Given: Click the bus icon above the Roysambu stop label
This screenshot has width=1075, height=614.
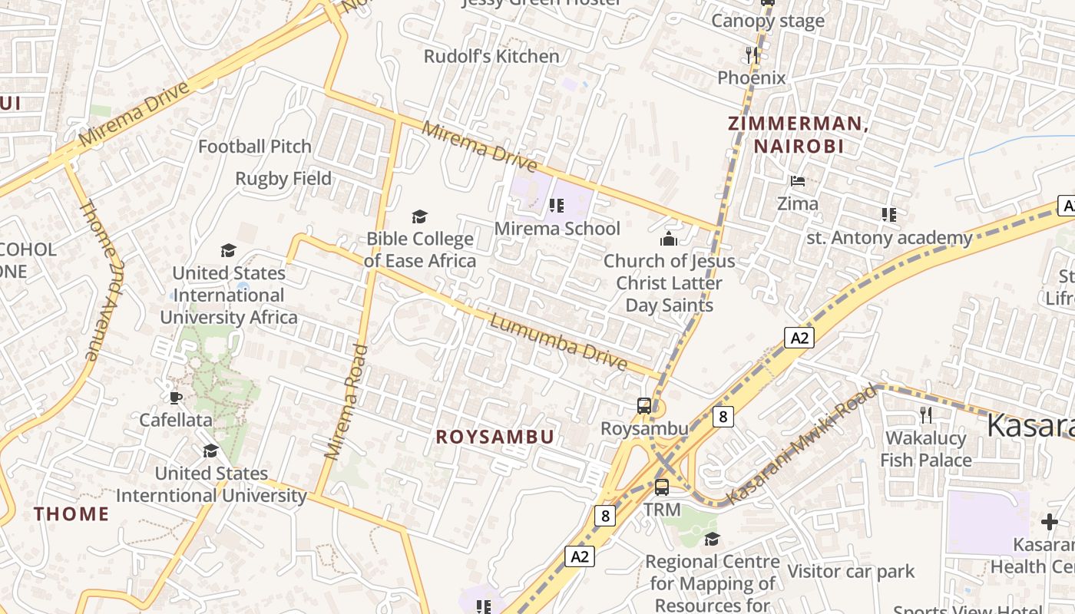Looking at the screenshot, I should [x=644, y=406].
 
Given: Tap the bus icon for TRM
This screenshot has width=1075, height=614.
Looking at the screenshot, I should [x=661, y=487].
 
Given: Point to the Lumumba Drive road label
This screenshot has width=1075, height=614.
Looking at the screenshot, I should [x=558, y=343].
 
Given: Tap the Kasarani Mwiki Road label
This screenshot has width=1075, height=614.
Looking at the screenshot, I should [x=801, y=445].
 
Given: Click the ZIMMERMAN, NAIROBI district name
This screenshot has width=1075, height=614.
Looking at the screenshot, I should [x=799, y=134].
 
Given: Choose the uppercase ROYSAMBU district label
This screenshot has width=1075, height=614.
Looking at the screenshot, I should [x=495, y=437].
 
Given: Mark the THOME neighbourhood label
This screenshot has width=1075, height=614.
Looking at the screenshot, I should [x=71, y=513].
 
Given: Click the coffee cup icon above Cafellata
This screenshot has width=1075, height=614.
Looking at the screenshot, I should [x=176, y=397].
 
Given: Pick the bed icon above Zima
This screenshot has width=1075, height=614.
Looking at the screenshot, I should [x=798, y=181].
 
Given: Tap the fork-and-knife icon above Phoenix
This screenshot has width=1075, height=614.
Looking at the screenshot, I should [x=752, y=54].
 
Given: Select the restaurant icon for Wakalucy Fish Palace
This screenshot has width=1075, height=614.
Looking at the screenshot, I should [x=926, y=415].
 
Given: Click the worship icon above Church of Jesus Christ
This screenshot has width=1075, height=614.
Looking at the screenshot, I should [x=669, y=239].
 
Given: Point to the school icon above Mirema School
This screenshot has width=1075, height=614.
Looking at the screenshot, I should [x=557, y=205].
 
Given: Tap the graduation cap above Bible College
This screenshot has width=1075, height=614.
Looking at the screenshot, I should [x=419, y=216].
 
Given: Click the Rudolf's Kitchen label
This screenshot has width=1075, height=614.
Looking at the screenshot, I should [x=491, y=56].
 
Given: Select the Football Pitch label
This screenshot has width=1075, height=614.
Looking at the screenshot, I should [x=255, y=146].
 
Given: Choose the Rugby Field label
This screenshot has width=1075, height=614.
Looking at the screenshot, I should [x=283, y=179].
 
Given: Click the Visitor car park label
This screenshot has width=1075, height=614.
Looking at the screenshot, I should [x=851, y=571].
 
